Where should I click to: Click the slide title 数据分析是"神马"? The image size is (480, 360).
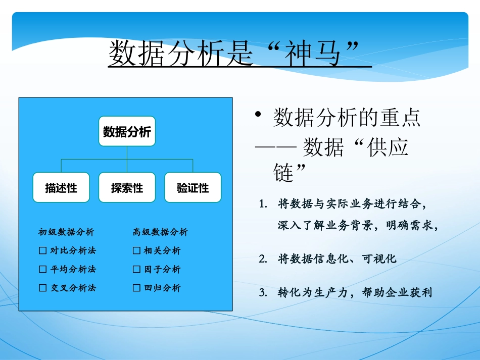(239, 53)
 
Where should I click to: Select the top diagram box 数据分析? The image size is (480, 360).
(127, 132)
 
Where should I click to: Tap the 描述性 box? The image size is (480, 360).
(61, 188)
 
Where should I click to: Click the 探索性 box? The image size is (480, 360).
(127, 188)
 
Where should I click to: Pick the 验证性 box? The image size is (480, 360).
(193, 188)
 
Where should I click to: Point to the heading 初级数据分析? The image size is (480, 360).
(66, 232)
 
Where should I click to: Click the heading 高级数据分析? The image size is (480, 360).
(160, 232)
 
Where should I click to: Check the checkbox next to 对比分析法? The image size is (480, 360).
(43, 251)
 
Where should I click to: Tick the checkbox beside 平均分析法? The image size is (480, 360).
(43, 269)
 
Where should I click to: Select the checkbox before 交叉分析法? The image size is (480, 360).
(43, 288)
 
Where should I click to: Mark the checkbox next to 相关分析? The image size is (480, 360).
(136, 251)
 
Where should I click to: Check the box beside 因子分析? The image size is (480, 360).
(136, 269)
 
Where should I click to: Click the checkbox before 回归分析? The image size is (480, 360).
(136, 288)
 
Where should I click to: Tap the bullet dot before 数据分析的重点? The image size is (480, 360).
(258, 116)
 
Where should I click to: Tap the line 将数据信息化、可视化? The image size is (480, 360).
(337, 260)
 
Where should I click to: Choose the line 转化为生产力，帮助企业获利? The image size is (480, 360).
(355, 292)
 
